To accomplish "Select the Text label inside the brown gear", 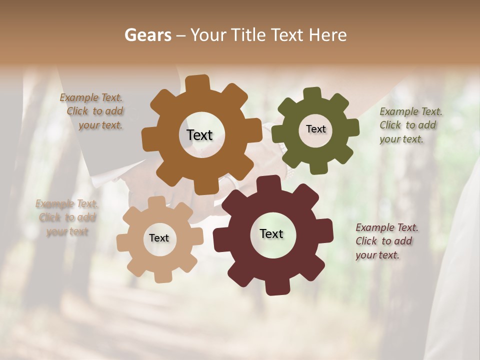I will click(x=199, y=135).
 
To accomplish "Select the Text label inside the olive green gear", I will click(x=315, y=129).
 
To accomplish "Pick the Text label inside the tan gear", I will click(x=159, y=238).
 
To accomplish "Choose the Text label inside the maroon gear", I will click(x=271, y=233).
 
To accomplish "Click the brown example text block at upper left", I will click(x=92, y=111).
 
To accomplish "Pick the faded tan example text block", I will click(x=67, y=217).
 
